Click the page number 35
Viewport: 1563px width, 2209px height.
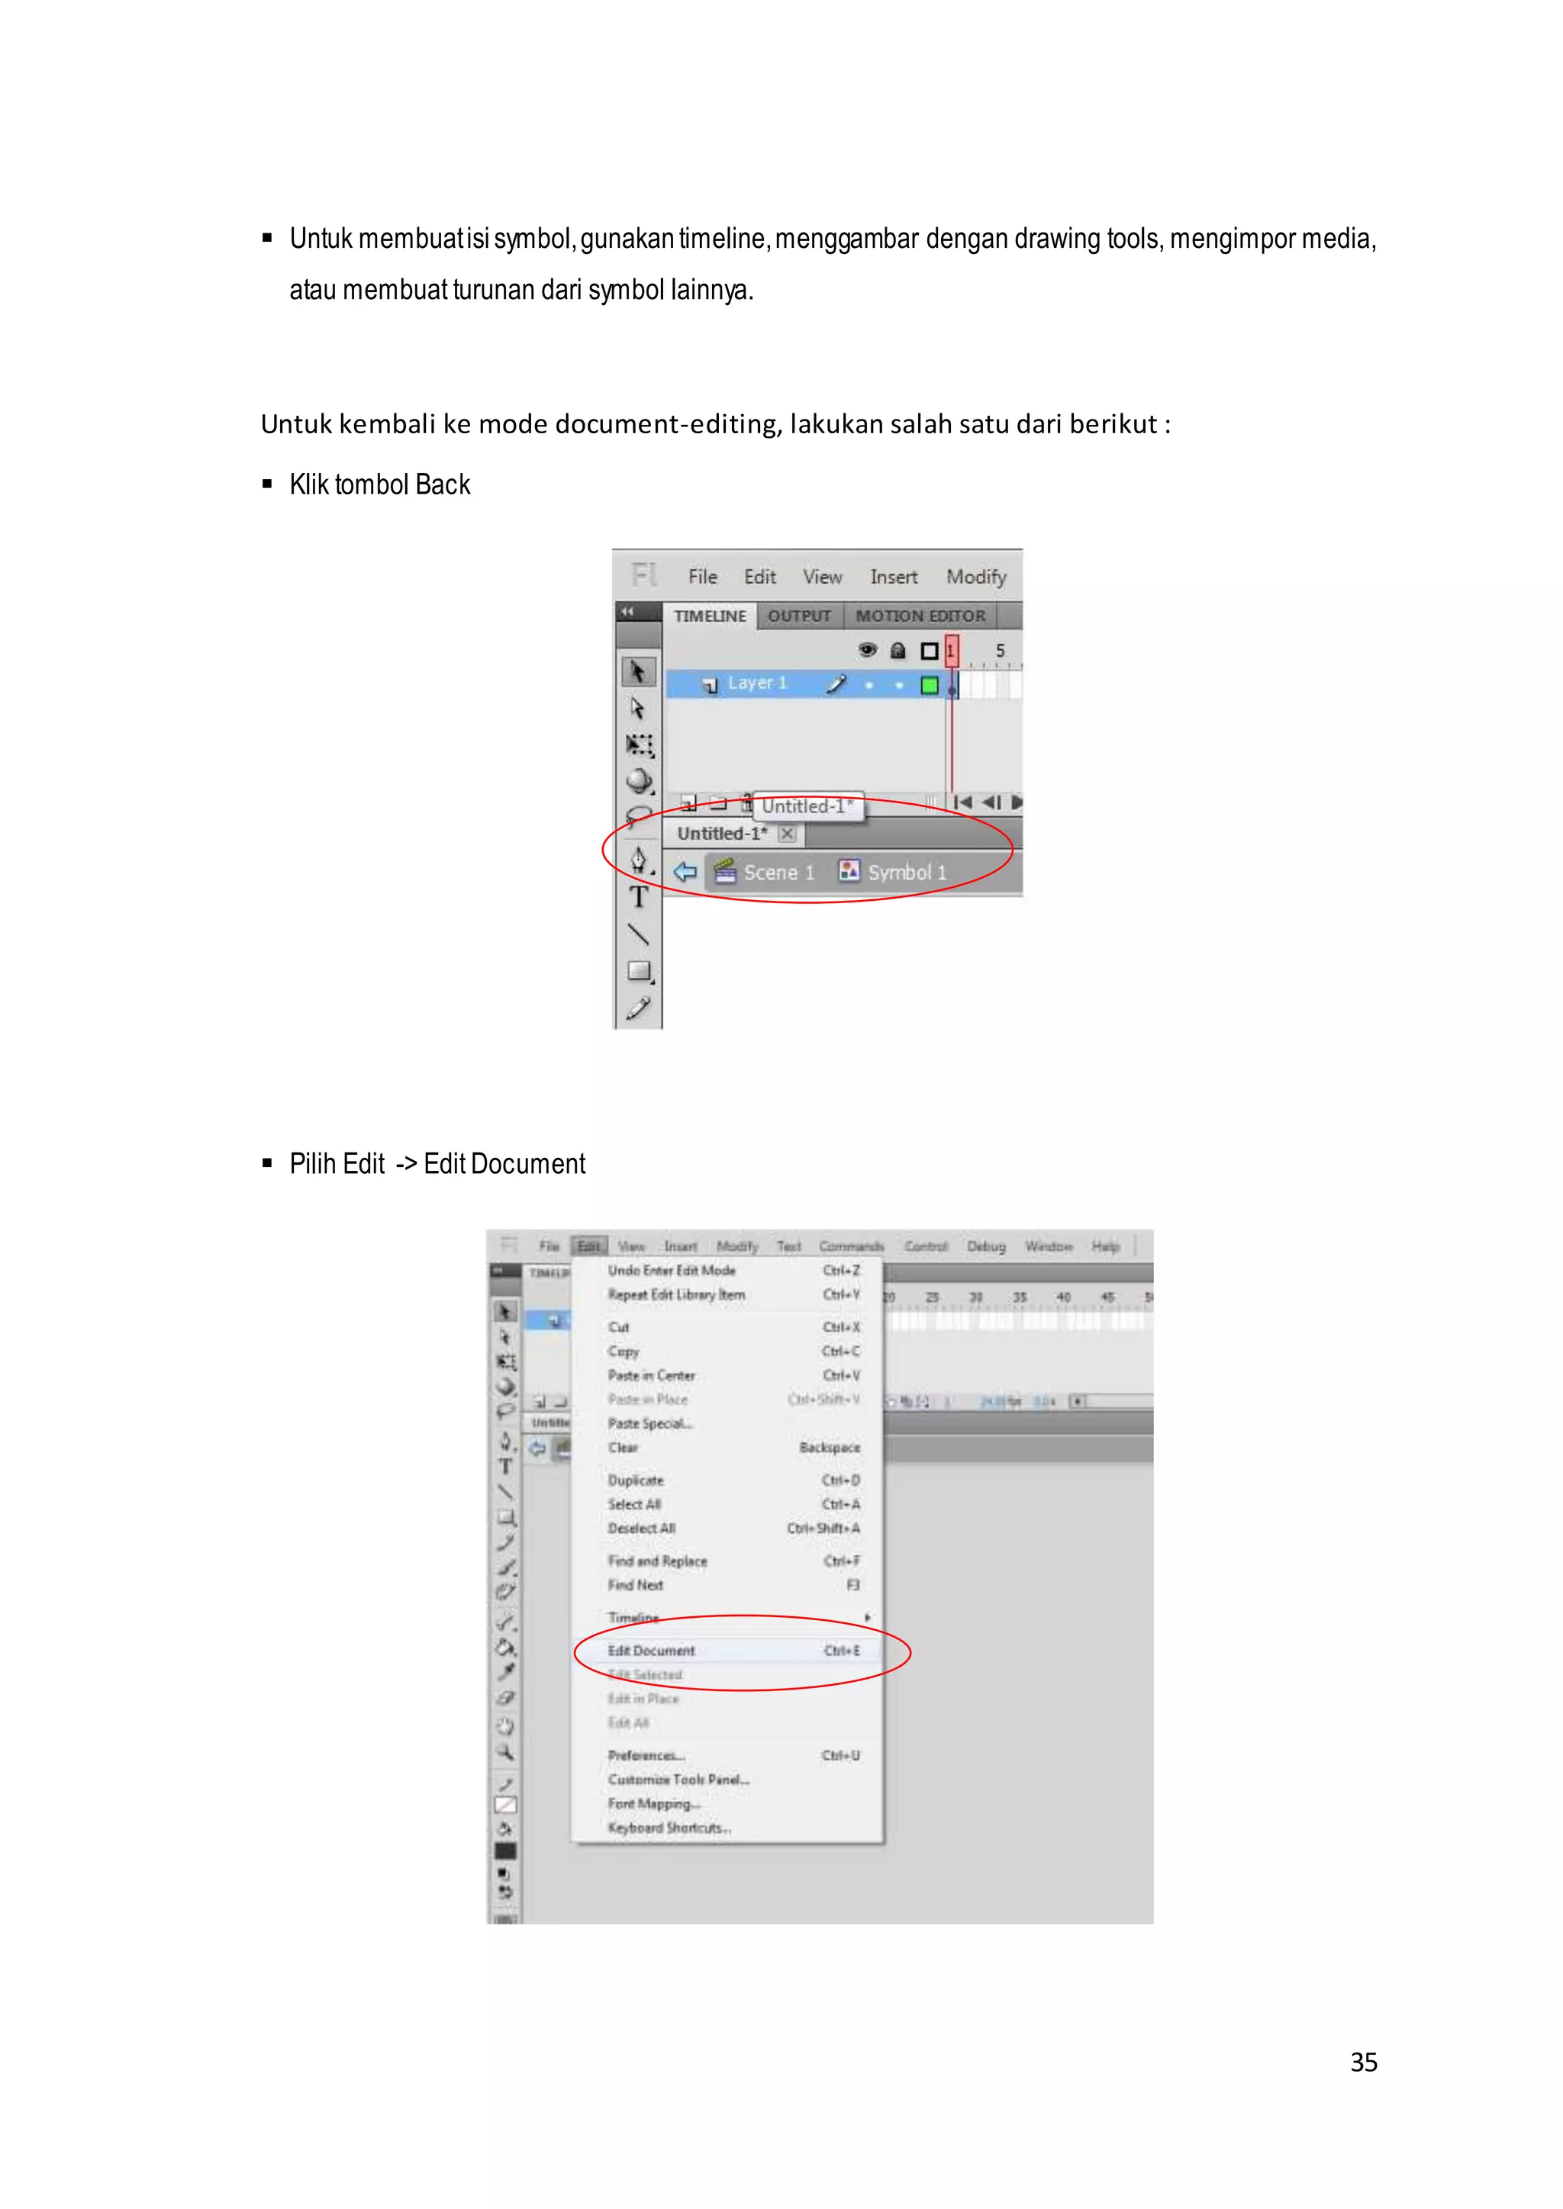tap(1363, 2062)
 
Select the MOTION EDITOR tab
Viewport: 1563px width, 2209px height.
tap(920, 616)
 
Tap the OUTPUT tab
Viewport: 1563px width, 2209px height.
tap(799, 616)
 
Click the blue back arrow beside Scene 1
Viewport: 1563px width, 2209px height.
tap(685, 872)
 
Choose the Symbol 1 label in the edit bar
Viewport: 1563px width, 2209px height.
tap(907, 873)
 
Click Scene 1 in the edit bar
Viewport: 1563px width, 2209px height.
tap(778, 873)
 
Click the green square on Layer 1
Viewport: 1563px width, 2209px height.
tap(929, 685)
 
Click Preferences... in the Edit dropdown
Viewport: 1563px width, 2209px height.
tap(646, 1756)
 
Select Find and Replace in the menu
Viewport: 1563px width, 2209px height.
tap(657, 1561)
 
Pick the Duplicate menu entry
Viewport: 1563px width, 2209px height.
tap(635, 1481)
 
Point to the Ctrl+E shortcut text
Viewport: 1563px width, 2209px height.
tap(841, 1651)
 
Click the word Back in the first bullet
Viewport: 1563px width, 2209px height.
tap(443, 485)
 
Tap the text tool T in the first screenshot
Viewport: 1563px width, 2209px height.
tap(638, 898)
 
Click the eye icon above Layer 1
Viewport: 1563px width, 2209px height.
tap(867, 651)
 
